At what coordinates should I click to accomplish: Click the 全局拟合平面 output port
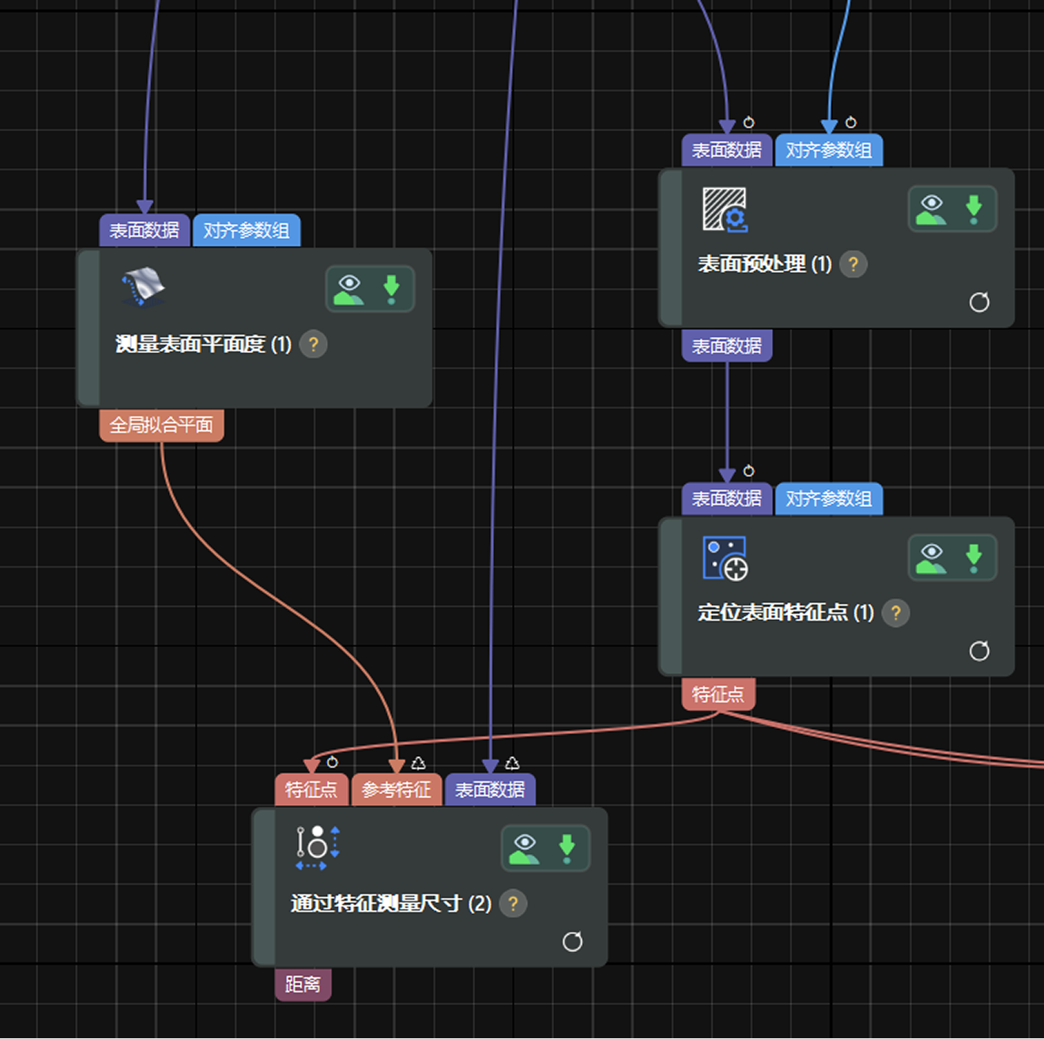point(161,426)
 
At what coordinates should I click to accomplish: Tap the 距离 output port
point(303,984)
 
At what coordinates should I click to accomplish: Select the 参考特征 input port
point(397,790)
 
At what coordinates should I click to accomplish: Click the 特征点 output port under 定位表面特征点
point(718,694)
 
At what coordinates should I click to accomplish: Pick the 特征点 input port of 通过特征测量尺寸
point(312,790)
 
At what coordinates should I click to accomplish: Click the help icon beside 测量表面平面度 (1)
point(313,344)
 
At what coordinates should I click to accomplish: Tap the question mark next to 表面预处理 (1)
point(853,264)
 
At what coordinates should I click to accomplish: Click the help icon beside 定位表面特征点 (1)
point(895,613)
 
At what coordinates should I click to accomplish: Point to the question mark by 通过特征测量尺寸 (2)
point(513,904)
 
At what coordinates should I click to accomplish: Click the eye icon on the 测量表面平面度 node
point(349,290)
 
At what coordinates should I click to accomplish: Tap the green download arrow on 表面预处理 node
point(974,209)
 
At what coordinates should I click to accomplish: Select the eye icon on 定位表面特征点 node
point(932,558)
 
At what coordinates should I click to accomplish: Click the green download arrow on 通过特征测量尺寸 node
point(567,849)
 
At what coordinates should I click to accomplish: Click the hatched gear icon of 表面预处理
point(725,210)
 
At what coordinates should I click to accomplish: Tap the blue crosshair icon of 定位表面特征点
point(725,559)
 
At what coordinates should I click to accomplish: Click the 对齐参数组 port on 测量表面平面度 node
point(247,231)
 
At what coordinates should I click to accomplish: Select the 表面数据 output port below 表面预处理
point(727,345)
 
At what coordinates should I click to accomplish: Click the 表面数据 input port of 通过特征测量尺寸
point(490,790)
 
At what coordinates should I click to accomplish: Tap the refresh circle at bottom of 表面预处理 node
point(979,302)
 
